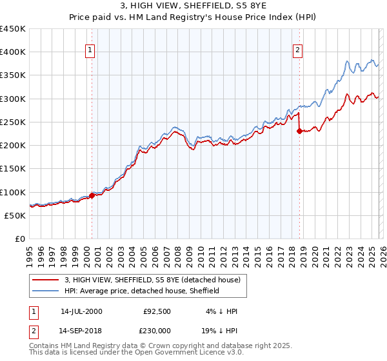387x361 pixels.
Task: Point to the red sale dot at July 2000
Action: [92, 195]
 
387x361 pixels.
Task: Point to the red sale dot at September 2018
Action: [299, 132]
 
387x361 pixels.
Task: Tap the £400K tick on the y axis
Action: [13, 52]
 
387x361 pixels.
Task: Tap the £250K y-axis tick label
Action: [13, 122]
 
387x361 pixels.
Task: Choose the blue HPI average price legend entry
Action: [142, 291]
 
